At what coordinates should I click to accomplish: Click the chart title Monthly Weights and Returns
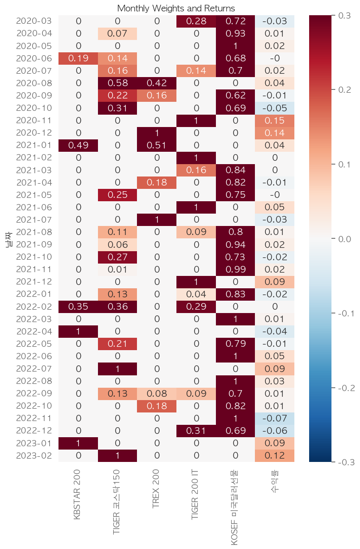click(176, 9)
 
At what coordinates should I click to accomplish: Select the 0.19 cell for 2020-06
click(78, 59)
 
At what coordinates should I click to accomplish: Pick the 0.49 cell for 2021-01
click(78, 145)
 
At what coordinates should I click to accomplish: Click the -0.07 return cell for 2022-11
click(274, 418)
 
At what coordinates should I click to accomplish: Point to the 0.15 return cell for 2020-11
click(274, 120)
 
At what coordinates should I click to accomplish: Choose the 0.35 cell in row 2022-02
click(78, 306)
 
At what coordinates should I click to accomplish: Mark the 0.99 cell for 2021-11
click(235, 269)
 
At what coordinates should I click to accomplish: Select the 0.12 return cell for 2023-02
click(274, 455)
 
